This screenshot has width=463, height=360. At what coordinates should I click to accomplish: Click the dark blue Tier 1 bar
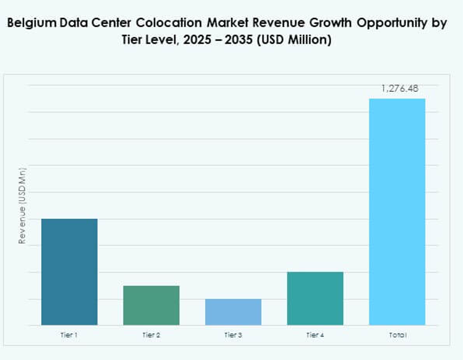coord(69,272)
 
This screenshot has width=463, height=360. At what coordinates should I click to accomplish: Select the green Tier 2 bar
coord(151,305)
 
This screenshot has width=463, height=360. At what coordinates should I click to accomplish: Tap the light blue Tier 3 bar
coord(233,312)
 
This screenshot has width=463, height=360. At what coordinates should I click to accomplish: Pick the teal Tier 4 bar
coord(315,298)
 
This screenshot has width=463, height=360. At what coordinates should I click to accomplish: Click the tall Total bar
coord(397,212)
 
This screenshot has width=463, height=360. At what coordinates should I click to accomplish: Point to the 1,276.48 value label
coord(399,89)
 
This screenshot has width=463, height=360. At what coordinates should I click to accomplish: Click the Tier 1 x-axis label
coord(69,335)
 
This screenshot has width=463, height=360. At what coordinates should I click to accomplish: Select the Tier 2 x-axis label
coord(151,335)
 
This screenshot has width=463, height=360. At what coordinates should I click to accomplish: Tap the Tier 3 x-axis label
coord(233,335)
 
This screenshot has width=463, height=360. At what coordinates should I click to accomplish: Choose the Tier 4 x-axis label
coord(315,335)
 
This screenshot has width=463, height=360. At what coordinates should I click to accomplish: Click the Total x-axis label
coord(397,335)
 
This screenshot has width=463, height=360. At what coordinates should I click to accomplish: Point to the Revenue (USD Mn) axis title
coord(22,206)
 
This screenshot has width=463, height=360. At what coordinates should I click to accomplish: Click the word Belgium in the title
coord(32,24)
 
